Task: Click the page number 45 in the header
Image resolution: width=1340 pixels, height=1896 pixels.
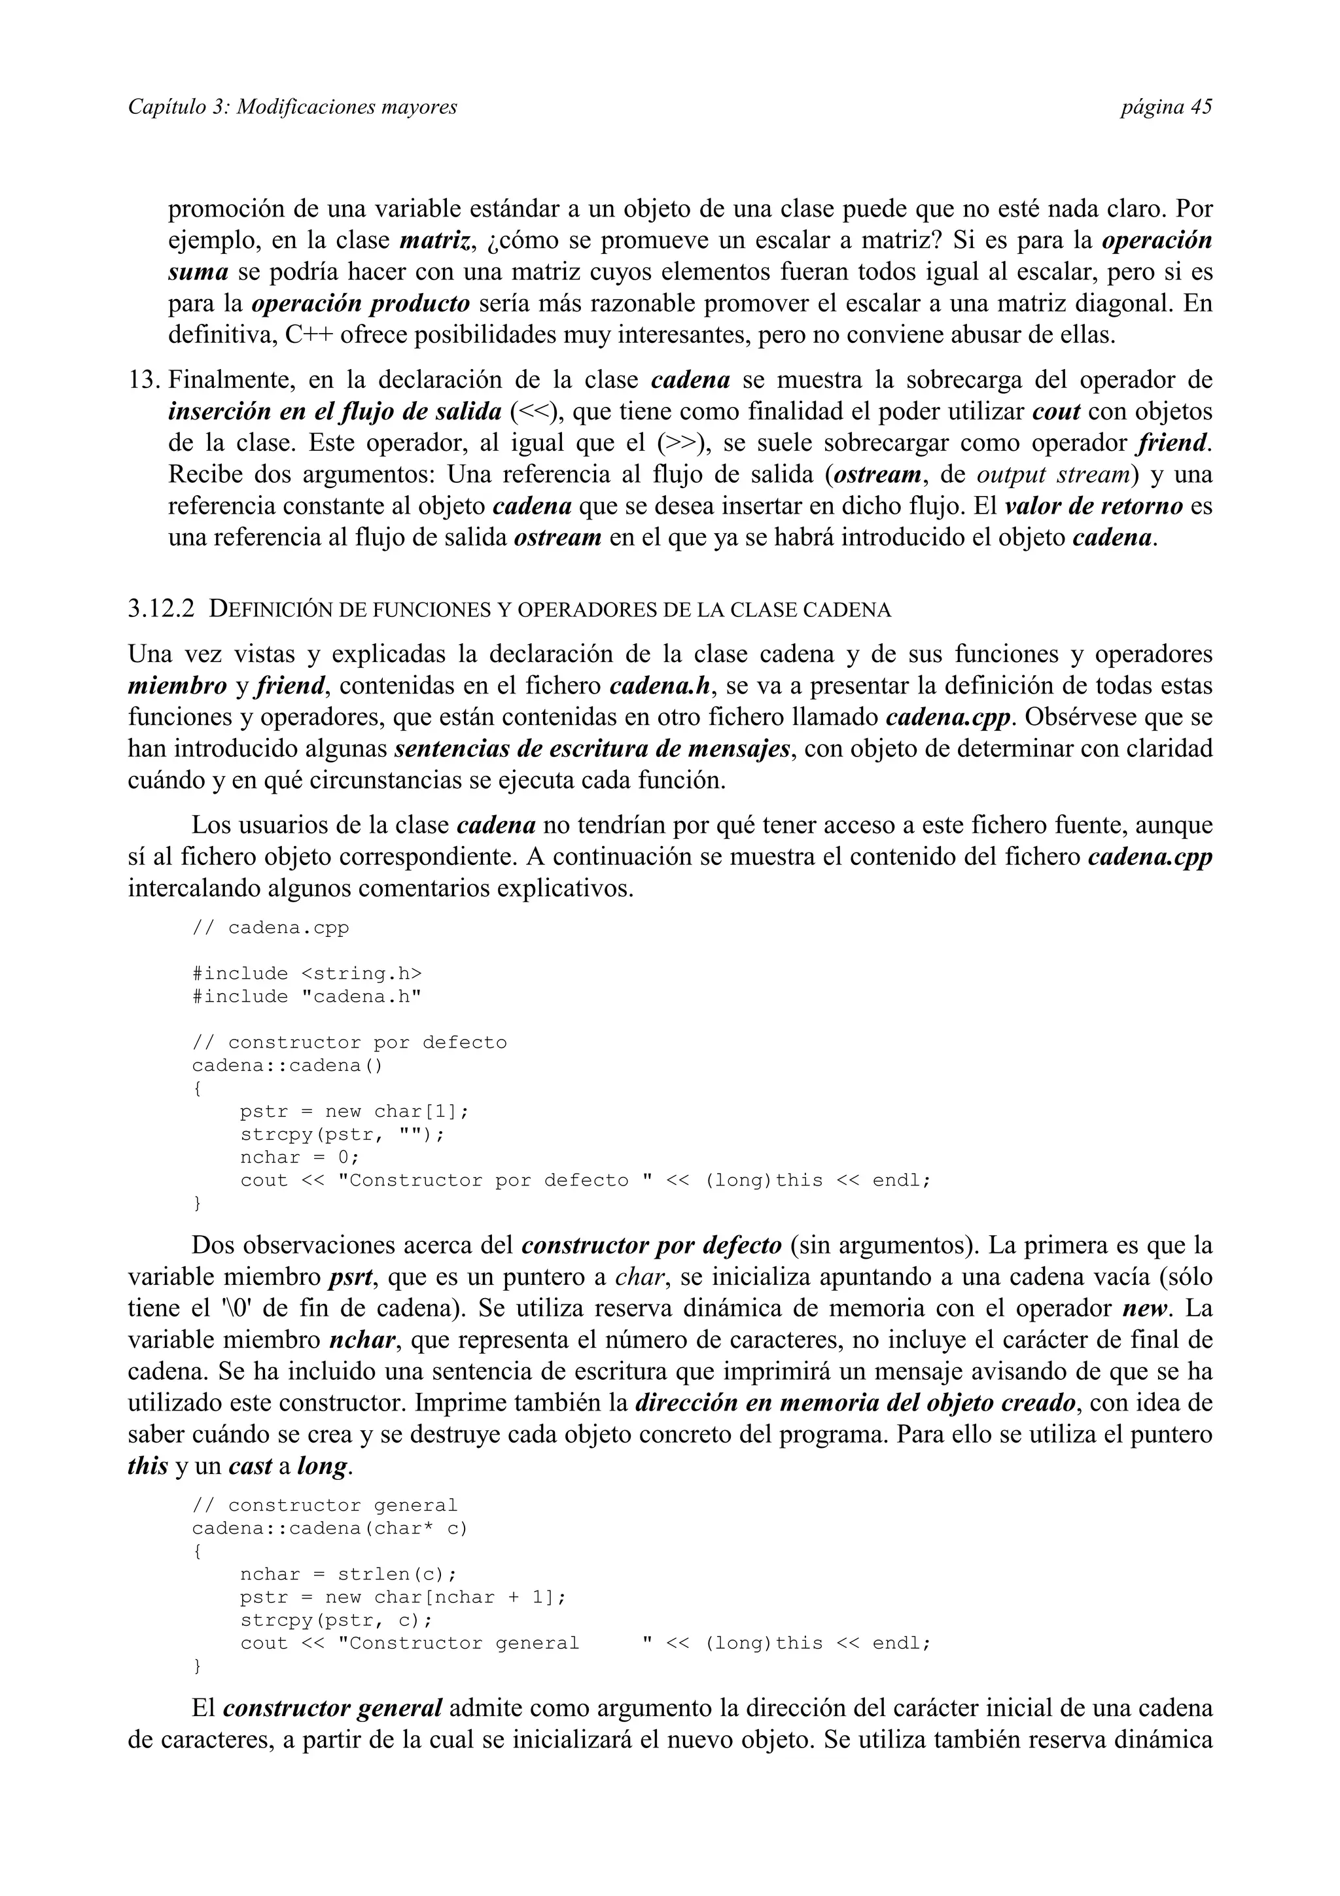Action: point(1201,107)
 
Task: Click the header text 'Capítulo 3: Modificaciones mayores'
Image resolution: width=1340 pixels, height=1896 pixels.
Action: point(292,107)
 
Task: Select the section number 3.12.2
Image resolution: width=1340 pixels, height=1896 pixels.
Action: point(162,610)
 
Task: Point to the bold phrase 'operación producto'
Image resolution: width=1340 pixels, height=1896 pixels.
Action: point(361,304)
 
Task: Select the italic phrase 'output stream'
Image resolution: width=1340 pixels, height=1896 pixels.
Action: point(1053,475)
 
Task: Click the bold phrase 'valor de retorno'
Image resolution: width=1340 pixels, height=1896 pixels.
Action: point(1094,506)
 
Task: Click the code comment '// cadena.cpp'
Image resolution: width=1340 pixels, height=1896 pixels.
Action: point(271,927)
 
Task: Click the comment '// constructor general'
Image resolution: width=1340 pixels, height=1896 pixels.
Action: point(325,1505)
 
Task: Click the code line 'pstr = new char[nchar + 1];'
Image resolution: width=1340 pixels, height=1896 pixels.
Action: point(404,1597)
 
